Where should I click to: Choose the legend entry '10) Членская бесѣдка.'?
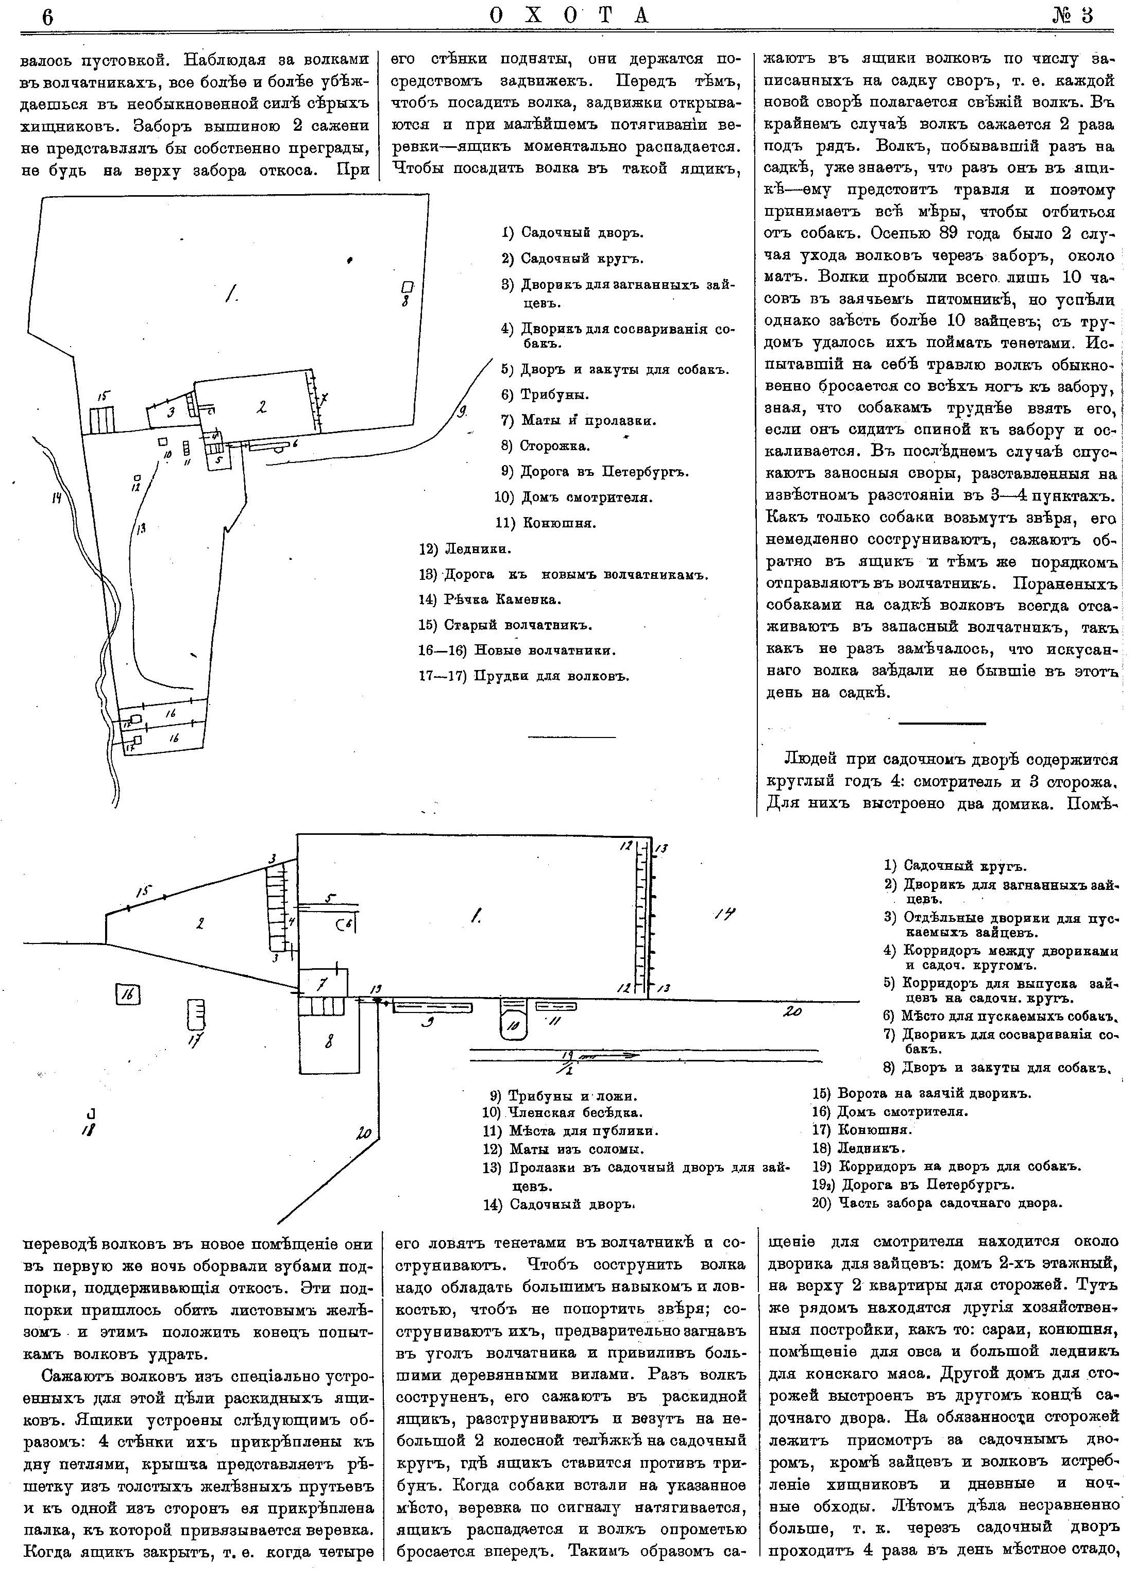point(562,1112)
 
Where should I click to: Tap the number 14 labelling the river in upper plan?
point(57,498)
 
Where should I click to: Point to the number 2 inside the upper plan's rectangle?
point(261,407)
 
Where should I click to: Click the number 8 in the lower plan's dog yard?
point(329,1041)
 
